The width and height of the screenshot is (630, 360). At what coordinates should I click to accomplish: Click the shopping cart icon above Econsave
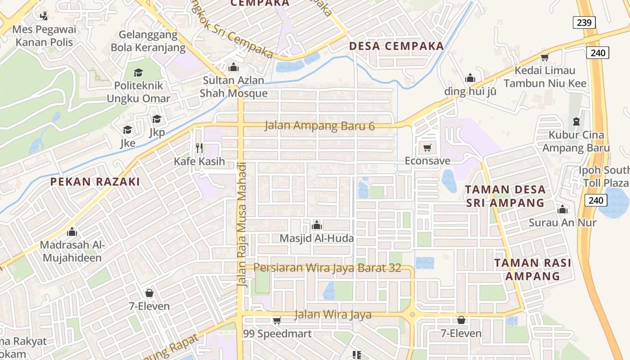tap(427, 148)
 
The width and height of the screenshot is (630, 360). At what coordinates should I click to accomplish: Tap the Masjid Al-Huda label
tap(317, 238)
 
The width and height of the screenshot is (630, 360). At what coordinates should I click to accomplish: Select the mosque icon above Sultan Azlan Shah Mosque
tap(233, 67)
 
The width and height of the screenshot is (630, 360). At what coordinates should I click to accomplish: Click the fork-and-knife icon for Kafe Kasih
tap(199, 148)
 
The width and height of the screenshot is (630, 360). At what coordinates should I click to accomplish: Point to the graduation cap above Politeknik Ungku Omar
tap(138, 72)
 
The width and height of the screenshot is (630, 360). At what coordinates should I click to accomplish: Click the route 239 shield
tap(584, 22)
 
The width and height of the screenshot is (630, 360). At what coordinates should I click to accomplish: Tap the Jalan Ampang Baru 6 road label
tap(319, 126)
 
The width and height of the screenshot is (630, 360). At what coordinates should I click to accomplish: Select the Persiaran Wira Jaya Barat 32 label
tap(327, 268)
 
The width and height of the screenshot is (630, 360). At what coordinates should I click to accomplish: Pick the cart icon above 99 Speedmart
tap(277, 320)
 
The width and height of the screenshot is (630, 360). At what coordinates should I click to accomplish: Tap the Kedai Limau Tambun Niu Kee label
tap(545, 77)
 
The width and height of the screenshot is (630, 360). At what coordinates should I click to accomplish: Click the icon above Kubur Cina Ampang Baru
tap(576, 121)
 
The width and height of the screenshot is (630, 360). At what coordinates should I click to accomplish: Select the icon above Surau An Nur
tap(562, 209)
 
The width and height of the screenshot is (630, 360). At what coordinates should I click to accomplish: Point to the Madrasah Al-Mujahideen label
tap(72, 252)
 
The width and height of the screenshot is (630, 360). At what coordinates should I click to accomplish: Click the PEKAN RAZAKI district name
tap(95, 182)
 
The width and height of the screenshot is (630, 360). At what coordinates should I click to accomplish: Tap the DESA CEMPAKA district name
tap(396, 46)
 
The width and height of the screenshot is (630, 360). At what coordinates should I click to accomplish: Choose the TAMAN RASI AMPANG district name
tap(533, 269)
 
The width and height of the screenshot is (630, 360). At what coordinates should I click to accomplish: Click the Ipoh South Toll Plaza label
tap(604, 176)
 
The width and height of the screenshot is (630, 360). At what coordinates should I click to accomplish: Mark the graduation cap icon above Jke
tap(128, 130)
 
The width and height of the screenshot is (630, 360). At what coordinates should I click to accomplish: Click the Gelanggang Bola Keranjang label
tap(148, 41)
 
